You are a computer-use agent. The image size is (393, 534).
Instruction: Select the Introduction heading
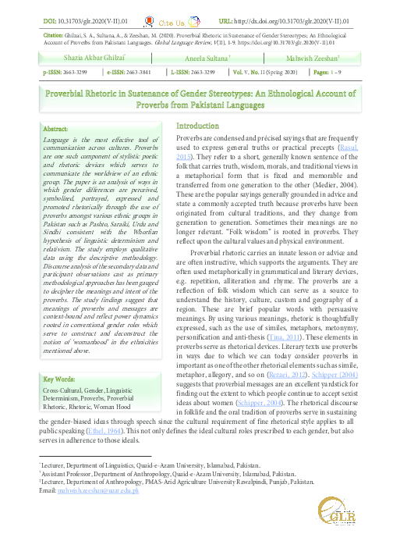[x=203, y=126]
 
